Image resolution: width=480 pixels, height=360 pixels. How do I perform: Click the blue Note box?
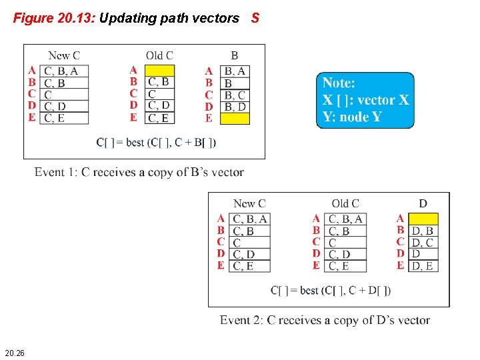[x=365, y=100]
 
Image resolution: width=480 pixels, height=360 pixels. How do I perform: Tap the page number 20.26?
[x=15, y=352]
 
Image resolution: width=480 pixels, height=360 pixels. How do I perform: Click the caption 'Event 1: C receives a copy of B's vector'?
[x=139, y=173]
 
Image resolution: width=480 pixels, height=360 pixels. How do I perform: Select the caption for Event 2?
[x=325, y=320]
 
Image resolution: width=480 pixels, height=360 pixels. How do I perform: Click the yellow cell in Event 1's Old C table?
[x=159, y=70]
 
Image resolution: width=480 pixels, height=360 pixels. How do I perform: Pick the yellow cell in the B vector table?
[x=236, y=118]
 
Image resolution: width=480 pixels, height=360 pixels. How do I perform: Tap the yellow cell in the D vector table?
[x=423, y=219]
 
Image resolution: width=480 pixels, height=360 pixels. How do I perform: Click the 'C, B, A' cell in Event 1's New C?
[x=65, y=71]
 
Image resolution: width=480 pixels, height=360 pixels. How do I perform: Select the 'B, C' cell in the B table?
[x=236, y=95]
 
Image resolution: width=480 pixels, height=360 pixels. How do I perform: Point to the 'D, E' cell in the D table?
[x=423, y=266]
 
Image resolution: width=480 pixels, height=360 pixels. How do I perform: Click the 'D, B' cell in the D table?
[x=423, y=231]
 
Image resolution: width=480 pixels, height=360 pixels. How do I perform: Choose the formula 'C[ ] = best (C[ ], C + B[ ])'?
[x=156, y=142]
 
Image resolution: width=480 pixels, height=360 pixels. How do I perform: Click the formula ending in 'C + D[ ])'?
[x=331, y=290]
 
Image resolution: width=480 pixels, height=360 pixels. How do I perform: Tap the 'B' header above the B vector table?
[x=234, y=55]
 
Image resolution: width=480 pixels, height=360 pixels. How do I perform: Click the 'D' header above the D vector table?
[x=423, y=203]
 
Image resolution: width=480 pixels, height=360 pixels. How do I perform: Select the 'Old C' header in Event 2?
[x=345, y=203]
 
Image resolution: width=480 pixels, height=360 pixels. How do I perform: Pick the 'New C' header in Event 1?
[x=64, y=55]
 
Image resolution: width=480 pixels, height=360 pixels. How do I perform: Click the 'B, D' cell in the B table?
[x=236, y=107]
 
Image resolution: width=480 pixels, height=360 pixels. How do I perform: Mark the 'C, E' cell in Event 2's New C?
[x=250, y=266]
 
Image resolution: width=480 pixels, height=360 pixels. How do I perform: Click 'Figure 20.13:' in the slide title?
[x=55, y=19]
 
